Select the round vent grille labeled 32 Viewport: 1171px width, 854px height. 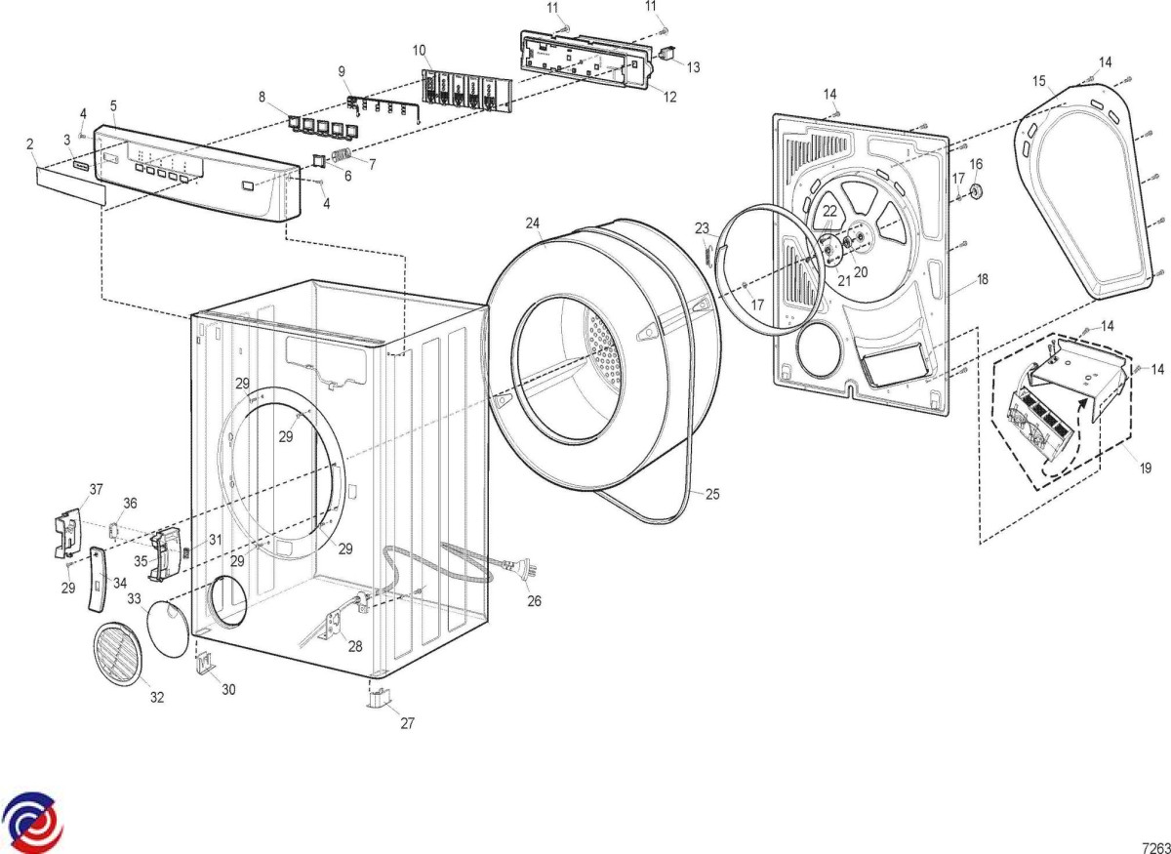(117, 652)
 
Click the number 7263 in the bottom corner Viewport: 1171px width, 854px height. (1154, 846)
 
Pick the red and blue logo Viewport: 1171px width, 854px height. (32, 823)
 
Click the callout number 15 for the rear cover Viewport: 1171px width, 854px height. (1038, 80)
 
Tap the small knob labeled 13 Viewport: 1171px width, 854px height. (668, 51)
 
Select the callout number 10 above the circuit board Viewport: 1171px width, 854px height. (419, 49)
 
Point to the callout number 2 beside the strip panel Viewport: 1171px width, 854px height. (30, 144)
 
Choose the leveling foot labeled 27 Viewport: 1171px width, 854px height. (379, 699)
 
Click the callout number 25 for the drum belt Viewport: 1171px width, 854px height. (712, 495)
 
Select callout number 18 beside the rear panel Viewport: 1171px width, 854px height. (983, 279)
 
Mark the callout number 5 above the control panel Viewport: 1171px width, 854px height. (113, 104)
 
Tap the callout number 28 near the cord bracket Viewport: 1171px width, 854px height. (355, 645)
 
